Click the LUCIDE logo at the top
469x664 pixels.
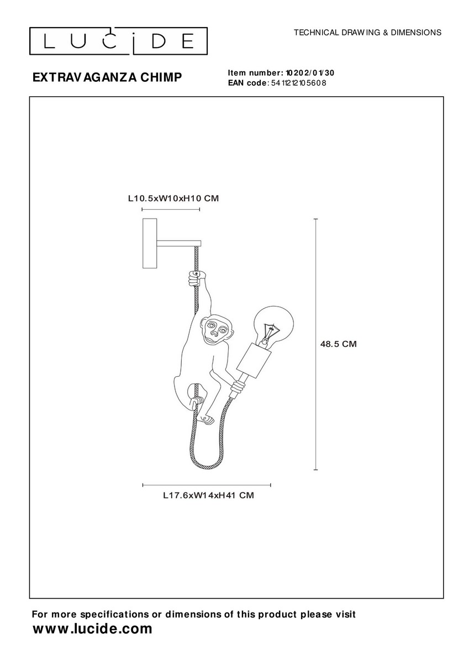click(118, 41)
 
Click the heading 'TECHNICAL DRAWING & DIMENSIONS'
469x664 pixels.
click(367, 32)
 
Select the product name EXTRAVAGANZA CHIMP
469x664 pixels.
click(107, 77)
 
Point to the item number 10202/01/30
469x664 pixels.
click(310, 72)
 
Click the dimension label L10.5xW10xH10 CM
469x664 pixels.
click(173, 198)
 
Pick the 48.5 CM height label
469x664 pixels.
click(338, 344)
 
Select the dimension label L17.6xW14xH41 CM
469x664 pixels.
click(208, 495)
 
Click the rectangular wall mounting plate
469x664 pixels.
click(150, 243)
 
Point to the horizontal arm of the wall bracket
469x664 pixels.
click(179, 243)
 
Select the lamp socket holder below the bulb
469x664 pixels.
click(254, 360)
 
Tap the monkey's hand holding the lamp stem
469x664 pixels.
click(238, 386)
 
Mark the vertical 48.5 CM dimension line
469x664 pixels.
click(316, 344)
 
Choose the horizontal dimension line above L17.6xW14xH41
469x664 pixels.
click(207, 485)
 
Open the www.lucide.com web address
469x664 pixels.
click(92, 629)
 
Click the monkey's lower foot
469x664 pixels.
click(207, 419)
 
